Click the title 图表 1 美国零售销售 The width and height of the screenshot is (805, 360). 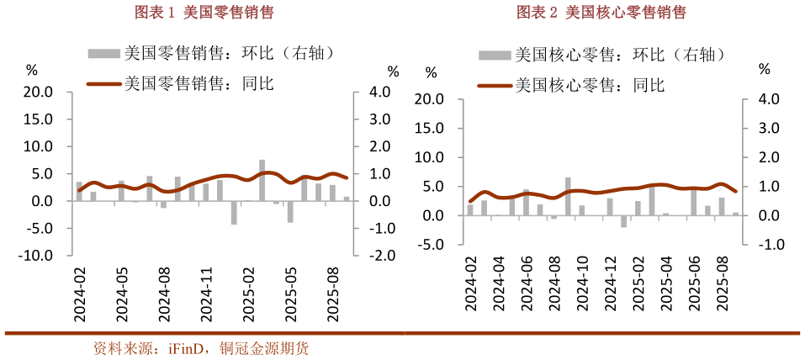(205, 12)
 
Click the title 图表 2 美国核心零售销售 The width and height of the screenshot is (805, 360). (601, 12)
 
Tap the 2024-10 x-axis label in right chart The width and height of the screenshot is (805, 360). (580, 286)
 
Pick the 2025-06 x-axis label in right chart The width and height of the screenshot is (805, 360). (693, 286)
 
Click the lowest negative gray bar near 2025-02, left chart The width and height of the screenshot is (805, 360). (234, 213)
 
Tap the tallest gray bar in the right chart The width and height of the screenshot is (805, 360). (568, 197)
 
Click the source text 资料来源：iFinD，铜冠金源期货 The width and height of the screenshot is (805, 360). (201, 348)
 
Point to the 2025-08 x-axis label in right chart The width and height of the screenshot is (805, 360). (722, 286)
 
